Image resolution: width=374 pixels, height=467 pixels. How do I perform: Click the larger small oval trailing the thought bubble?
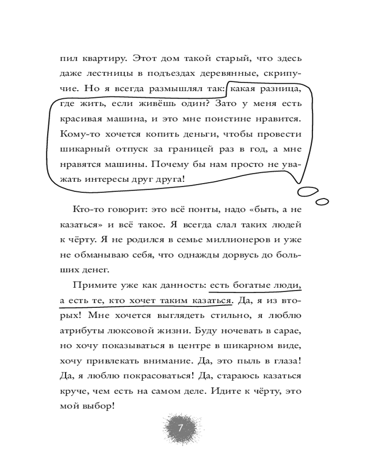pos(309,191)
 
